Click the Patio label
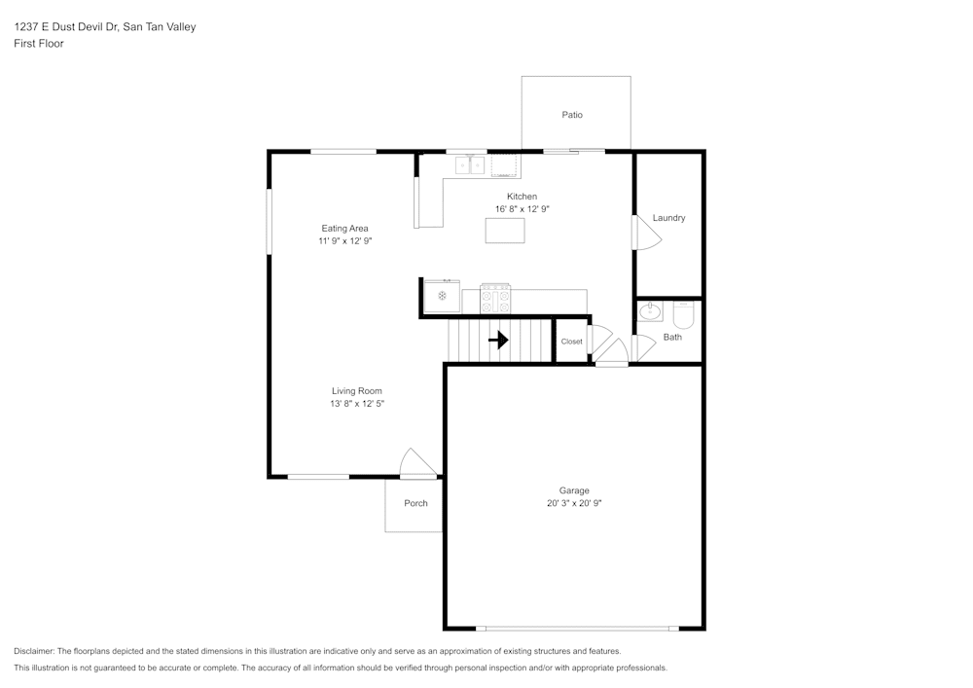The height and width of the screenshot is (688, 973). point(572,115)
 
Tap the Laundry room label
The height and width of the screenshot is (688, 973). point(668,218)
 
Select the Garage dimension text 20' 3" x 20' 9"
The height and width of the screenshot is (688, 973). point(574,504)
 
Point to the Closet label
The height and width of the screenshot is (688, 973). point(571,342)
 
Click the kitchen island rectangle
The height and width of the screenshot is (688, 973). point(505,231)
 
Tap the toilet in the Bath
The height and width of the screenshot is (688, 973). point(682,315)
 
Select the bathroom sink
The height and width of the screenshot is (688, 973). point(649,312)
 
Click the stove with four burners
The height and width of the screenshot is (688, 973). point(495,299)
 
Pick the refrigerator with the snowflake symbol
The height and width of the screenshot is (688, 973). point(442,296)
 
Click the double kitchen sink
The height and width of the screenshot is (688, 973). point(471,165)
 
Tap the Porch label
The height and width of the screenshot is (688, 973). point(415,503)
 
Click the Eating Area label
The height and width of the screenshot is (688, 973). point(344,229)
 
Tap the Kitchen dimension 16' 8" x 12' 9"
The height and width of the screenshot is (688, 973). point(523,209)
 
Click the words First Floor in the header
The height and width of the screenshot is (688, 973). point(39,44)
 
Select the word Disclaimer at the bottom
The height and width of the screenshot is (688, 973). point(34,651)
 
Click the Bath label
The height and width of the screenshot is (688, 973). point(672,338)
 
